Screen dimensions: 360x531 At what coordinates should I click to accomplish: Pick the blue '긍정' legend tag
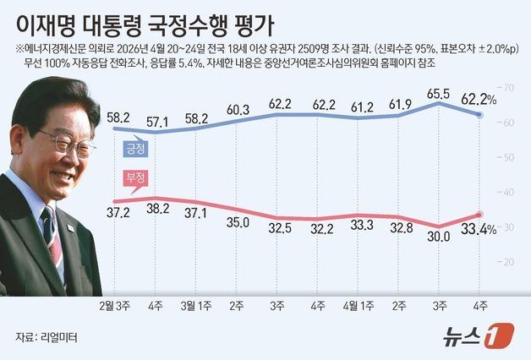pyautogui.click(x=136, y=149)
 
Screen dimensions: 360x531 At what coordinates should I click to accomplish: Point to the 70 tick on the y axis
pyautogui.click(x=509, y=88)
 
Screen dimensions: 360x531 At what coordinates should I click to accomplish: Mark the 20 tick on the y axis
pyautogui.click(x=509, y=262)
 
